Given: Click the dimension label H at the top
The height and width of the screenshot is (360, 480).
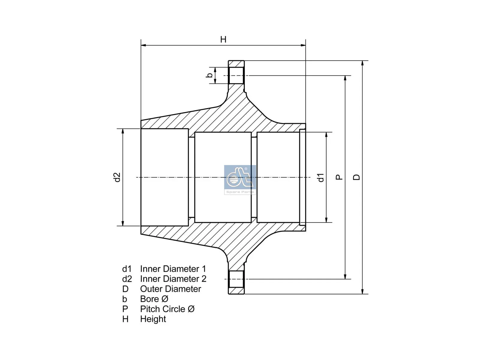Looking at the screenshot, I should pos(223,40).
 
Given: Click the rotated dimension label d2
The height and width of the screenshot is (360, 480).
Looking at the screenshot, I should pos(117,177).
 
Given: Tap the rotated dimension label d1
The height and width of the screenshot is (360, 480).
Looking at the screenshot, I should pos(321,177).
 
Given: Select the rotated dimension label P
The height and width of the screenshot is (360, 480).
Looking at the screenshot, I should pos(339,177).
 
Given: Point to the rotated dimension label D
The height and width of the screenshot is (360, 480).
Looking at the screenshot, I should pos(356,177).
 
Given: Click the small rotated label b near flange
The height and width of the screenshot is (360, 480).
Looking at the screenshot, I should pos(209,75).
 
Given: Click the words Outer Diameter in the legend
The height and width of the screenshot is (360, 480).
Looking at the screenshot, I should pos(170,289).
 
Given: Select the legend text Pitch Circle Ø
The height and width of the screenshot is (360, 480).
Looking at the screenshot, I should pos(167,309).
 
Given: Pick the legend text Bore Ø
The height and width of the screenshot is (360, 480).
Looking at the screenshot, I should pos(154,299).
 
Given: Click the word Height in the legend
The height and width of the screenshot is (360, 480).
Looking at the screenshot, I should pos(153,319).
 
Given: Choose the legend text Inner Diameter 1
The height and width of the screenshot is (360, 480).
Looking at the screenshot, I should pos(173,269).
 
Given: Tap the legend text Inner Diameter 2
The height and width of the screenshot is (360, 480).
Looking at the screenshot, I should pos(173,279).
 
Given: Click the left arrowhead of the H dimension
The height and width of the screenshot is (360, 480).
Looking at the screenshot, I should pos(143,45).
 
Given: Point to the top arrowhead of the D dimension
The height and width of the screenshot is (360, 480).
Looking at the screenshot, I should pos(362,63).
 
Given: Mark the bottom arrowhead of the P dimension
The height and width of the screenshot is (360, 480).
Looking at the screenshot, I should pos(345,277).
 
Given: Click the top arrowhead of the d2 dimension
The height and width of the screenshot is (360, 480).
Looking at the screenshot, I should pos(122,131).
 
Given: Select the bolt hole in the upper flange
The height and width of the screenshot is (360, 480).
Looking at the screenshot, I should pos(236,76).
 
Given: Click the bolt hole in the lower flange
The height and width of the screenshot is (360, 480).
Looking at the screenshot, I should pos(236,279).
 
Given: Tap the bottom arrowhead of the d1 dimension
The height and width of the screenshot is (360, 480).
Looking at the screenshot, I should pos(326,220).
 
